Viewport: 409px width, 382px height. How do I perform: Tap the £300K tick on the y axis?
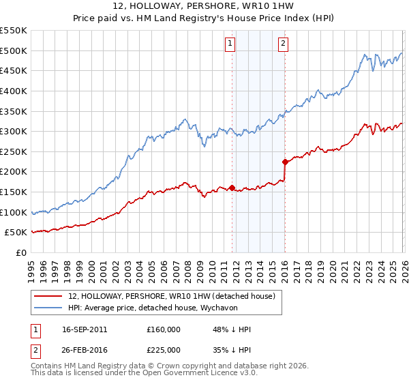[x=14, y=131]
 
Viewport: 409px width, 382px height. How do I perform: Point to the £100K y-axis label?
[x=14, y=212]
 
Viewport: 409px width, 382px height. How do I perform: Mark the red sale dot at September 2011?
[x=232, y=188]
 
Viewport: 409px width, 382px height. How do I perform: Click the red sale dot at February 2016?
[x=285, y=162]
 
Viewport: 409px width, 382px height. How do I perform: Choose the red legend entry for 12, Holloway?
[x=171, y=296]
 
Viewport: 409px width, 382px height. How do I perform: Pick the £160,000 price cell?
[x=164, y=329]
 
